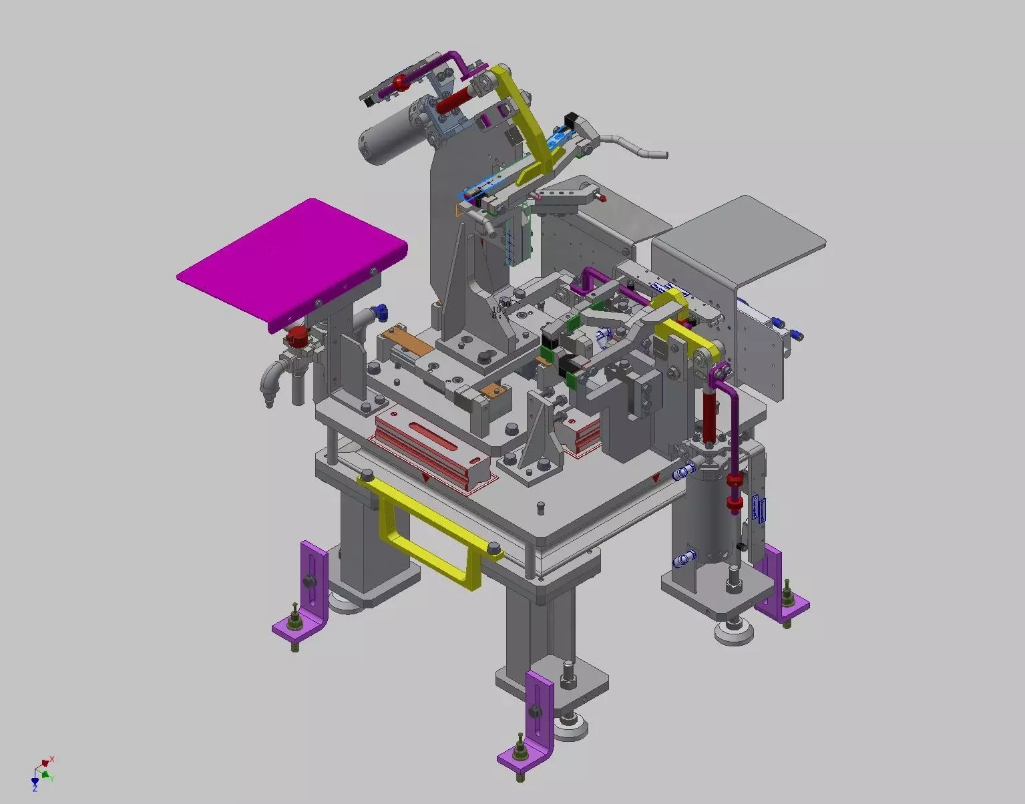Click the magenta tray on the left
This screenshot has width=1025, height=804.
point(290,260)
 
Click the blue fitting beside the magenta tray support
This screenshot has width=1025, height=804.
point(381,310)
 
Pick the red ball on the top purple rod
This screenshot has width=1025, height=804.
point(400,83)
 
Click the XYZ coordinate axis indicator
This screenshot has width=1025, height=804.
point(43,773)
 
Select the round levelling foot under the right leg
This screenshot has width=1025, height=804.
point(733,631)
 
